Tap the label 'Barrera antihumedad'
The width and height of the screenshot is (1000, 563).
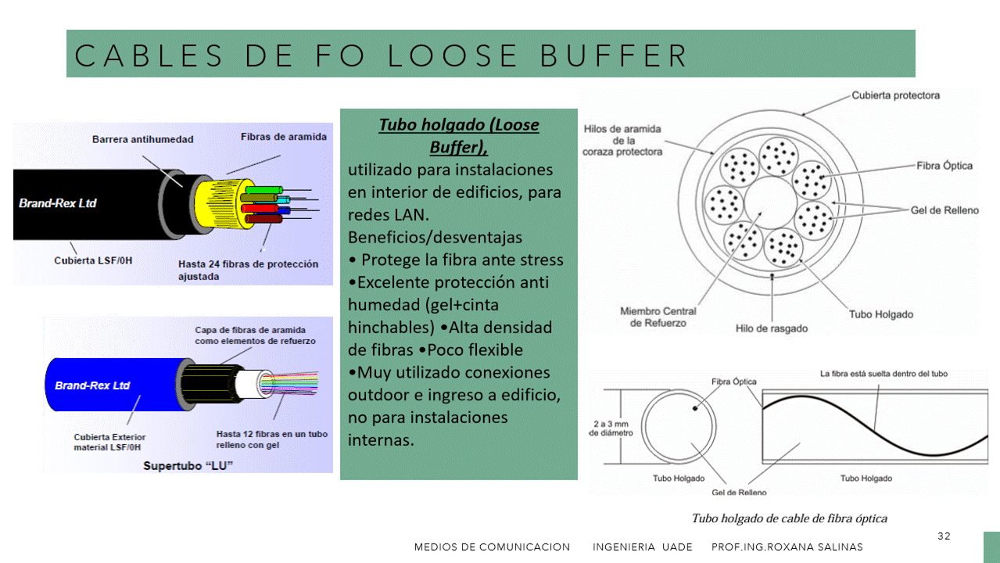142,139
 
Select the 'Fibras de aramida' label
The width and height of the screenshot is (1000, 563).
284,137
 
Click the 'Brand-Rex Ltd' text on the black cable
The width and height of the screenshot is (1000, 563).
58,203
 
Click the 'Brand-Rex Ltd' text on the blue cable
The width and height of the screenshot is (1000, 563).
92,385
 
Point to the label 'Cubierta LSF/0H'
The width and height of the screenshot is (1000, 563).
93,260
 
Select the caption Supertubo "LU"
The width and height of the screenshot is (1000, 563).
189,466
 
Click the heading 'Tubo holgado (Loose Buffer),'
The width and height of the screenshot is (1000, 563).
459,135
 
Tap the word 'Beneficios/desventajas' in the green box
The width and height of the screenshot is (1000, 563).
435,237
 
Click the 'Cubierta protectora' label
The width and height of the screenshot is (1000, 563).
895,95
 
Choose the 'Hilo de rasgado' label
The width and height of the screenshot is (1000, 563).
771,328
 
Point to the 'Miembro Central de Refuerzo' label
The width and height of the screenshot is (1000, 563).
658,317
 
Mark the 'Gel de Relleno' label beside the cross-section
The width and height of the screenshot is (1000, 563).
944,210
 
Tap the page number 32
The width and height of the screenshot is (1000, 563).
944,536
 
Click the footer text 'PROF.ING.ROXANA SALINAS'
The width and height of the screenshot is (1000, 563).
787,547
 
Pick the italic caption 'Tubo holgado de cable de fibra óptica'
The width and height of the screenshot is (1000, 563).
789,518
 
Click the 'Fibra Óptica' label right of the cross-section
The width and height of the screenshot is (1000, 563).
944,166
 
